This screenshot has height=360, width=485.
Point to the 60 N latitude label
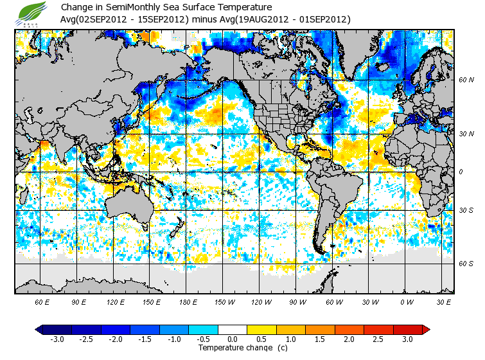(x=466, y=80)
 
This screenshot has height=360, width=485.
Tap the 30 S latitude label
(x=466, y=210)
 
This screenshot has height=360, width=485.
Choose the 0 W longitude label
(x=406, y=301)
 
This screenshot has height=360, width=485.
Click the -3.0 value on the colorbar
(x=57, y=339)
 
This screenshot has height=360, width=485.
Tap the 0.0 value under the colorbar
(x=233, y=339)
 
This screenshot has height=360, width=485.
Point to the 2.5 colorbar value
(x=378, y=339)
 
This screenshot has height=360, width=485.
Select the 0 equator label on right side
(x=461, y=172)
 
